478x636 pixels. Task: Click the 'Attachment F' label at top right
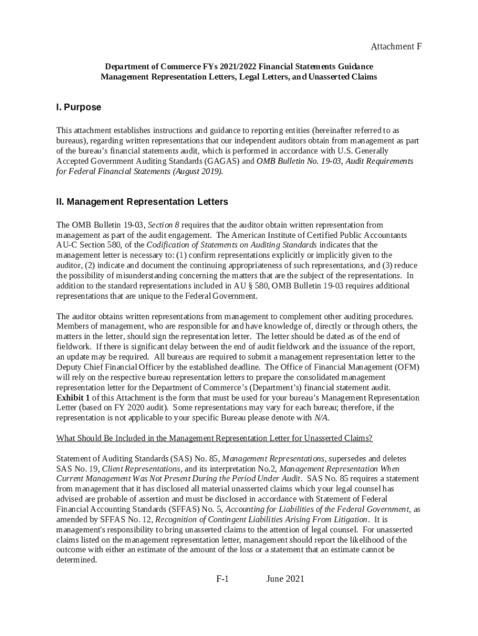coord(396,47)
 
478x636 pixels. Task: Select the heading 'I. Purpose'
coord(78,107)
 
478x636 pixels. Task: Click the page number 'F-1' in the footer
coord(223,579)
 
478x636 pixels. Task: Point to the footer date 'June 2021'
coord(285,579)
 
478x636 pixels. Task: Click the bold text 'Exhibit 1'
coord(73,397)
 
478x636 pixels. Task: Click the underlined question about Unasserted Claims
coord(214,438)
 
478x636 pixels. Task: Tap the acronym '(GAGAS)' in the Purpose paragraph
coord(222,161)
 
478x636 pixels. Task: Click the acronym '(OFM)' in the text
coord(407,367)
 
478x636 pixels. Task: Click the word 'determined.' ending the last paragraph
coord(76,560)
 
